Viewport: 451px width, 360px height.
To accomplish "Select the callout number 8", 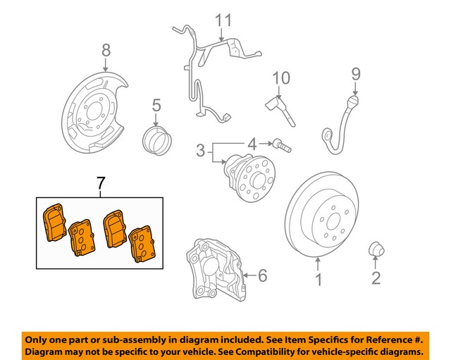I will click(x=106, y=50).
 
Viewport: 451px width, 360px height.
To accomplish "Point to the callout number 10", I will click(x=281, y=77).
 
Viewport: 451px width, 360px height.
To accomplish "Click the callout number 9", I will click(x=355, y=73).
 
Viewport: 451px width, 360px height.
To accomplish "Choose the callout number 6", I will click(x=262, y=275).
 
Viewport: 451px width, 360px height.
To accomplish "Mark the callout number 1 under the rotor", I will click(x=318, y=281).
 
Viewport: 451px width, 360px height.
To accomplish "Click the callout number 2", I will click(x=376, y=278).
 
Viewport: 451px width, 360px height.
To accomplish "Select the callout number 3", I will click(x=201, y=150).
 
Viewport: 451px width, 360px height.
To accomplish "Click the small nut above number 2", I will click(x=376, y=249).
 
